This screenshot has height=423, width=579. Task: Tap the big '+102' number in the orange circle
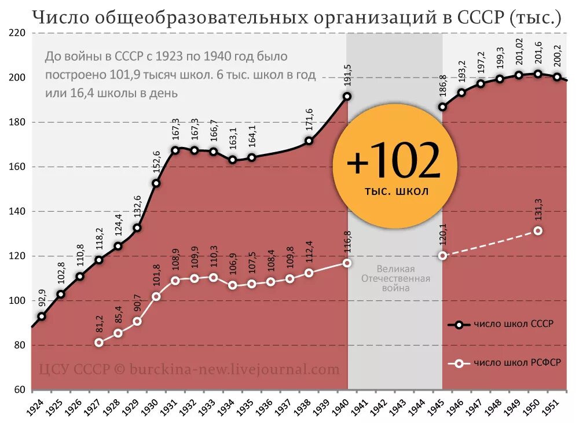coord(394,162)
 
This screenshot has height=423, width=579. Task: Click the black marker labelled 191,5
coord(347,97)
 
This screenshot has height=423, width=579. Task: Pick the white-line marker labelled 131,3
coord(538,230)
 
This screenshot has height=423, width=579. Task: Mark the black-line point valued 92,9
coord(42,317)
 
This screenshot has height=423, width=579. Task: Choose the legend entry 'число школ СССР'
coord(513,325)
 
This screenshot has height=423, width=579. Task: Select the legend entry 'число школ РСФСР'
coord(515,363)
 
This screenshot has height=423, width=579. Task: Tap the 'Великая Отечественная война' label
coord(395,278)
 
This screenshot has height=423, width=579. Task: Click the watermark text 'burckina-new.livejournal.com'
coord(234,369)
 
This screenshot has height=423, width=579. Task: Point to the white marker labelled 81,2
coord(99,343)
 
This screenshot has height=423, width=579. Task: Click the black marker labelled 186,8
coord(442,107)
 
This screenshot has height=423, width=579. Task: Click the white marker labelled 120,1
coord(442,255)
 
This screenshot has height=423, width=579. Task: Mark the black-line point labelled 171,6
coord(309,141)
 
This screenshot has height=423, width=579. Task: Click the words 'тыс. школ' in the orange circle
coord(397,192)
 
